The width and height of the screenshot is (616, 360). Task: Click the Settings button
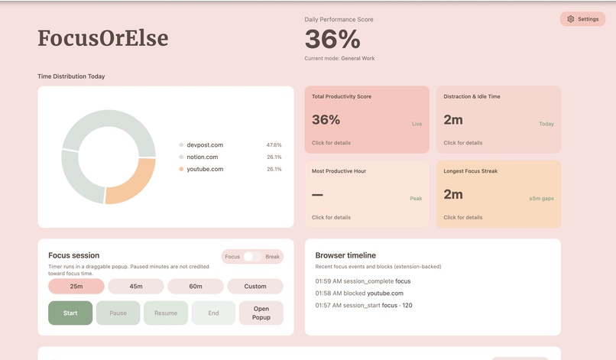582,19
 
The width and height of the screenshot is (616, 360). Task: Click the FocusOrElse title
102,38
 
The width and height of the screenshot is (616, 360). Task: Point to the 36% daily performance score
332,40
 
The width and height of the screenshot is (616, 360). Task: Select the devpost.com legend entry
204,144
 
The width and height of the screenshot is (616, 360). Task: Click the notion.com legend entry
203,157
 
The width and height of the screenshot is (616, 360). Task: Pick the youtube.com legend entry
204,169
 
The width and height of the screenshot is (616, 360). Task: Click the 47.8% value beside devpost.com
274,144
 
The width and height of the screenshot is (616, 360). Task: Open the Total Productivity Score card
367,118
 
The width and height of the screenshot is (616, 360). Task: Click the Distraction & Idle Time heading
472,97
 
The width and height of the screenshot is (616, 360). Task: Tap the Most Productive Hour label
339,171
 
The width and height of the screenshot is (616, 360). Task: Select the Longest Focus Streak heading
470,171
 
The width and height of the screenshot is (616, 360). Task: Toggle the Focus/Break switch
252,257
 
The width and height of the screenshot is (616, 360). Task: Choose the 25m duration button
76,287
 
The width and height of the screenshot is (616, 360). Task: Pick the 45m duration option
136,287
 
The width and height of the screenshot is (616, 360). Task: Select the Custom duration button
255,287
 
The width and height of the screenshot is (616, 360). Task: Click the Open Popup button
261,313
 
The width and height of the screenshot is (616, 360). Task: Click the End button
213,313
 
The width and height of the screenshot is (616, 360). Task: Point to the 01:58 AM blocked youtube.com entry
359,293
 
